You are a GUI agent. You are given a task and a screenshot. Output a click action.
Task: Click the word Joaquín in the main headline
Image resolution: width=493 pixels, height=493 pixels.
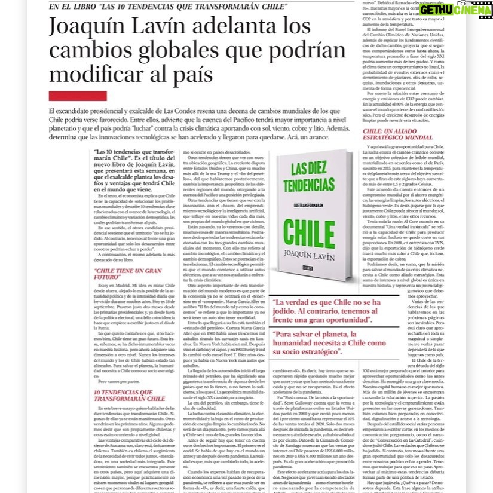tap(88, 27)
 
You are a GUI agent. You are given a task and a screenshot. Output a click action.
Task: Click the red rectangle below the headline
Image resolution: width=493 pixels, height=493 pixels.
tap(78, 96)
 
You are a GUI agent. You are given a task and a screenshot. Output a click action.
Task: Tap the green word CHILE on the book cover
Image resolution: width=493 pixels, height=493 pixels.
tap(309, 231)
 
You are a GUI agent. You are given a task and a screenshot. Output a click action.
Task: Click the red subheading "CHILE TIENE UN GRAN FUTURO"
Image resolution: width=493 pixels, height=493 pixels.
tap(120, 274)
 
